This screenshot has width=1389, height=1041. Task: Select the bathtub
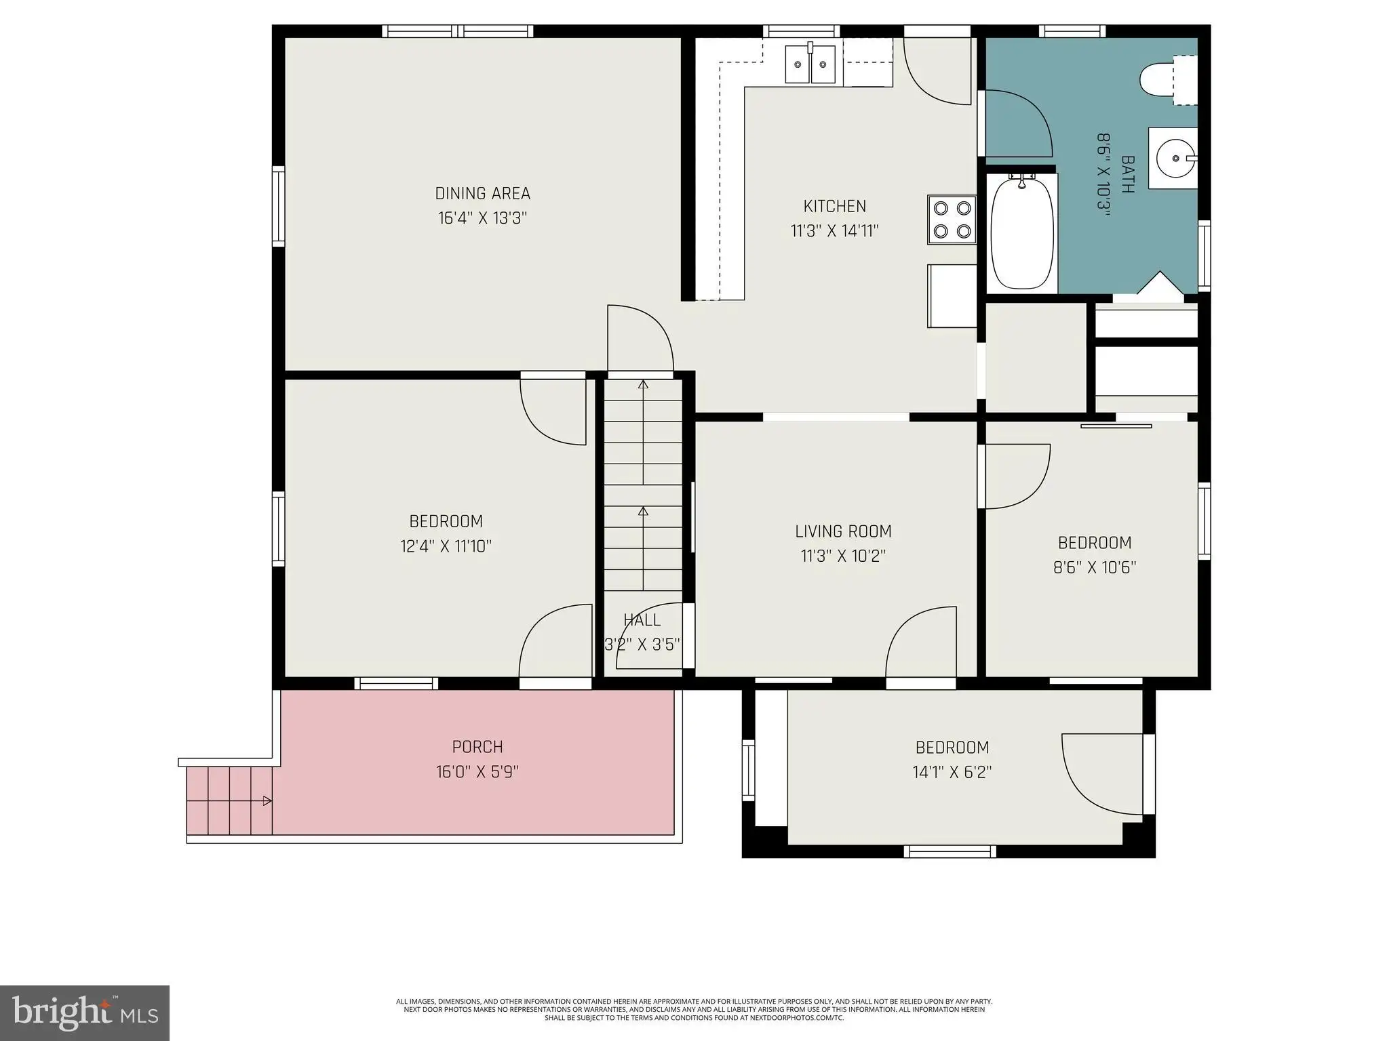coord(1022,232)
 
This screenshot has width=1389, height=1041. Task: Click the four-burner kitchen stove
coord(952,220)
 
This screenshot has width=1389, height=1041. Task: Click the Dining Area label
coord(483,194)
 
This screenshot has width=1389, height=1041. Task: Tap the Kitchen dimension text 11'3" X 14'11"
coord(835,231)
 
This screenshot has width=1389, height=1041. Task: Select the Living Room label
coord(843,531)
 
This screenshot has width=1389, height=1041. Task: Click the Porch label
coord(477,747)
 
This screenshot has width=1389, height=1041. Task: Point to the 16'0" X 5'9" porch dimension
coord(477,772)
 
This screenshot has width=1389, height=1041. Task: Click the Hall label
coord(642,620)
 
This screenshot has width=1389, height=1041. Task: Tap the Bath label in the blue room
coord(1128,174)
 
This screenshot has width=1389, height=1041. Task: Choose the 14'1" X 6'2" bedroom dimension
coord(952,772)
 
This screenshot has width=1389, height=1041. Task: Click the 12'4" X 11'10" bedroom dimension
coord(446,546)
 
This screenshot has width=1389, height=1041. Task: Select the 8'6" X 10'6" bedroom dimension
coord(1095,567)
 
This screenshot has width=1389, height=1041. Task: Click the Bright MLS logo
coord(85,1013)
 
